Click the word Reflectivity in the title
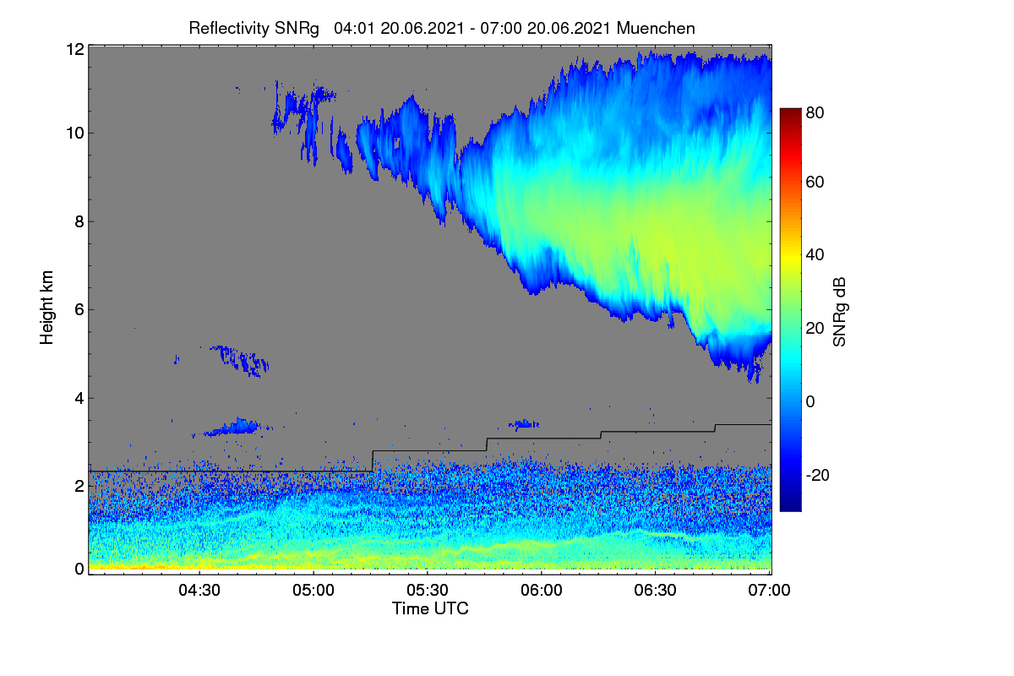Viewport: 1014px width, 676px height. coord(230,29)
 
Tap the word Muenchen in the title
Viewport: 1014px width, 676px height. coord(656,29)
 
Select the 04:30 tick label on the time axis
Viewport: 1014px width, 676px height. coord(199,590)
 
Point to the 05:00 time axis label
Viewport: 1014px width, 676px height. coord(313,590)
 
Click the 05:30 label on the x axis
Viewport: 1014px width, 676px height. coord(428,590)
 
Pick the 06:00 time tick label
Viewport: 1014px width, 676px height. coord(542,590)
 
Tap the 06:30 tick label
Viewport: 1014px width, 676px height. coord(655,590)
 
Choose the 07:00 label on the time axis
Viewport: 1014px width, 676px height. coord(769,590)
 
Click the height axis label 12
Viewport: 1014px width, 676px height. coord(75,49)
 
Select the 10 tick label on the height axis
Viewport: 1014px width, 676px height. coord(75,134)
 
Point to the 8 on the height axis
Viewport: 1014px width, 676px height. coord(79,222)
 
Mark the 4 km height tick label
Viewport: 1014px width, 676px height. coord(79,399)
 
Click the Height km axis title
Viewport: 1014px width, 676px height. coord(46,308)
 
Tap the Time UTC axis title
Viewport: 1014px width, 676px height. coord(430,608)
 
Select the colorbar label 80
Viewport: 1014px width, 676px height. coord(815,112)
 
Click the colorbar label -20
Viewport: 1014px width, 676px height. coord(818,475)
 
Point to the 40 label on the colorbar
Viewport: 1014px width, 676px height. coord(815,255)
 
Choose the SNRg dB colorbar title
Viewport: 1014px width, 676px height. coord(839,313)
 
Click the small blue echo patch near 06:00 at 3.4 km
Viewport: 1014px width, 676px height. coord(524,424)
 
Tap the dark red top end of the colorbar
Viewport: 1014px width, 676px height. coord(790,111)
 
